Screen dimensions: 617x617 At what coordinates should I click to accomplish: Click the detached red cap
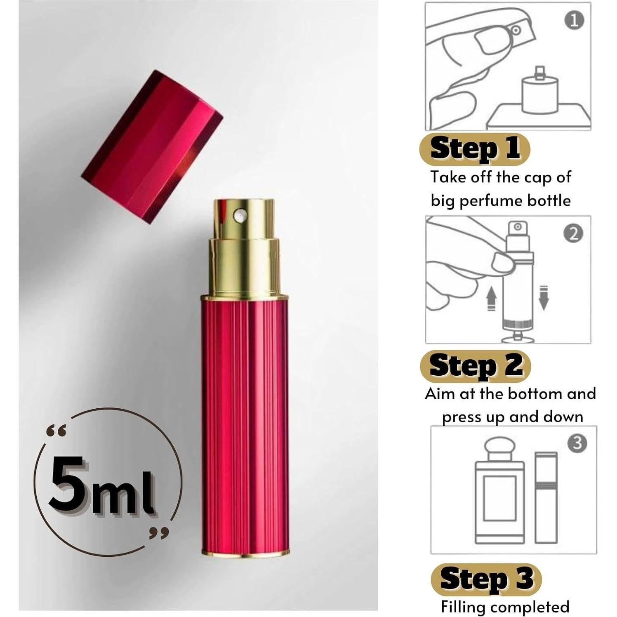(x=152, y=146)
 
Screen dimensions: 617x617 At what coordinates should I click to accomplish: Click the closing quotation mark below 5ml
(x=159, y=534)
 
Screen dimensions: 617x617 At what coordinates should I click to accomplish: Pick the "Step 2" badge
(x=476, y=366)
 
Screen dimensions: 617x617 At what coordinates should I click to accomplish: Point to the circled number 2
(x=573, y=234)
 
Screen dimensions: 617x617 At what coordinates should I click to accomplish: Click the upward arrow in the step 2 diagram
(x=491, y=298)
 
